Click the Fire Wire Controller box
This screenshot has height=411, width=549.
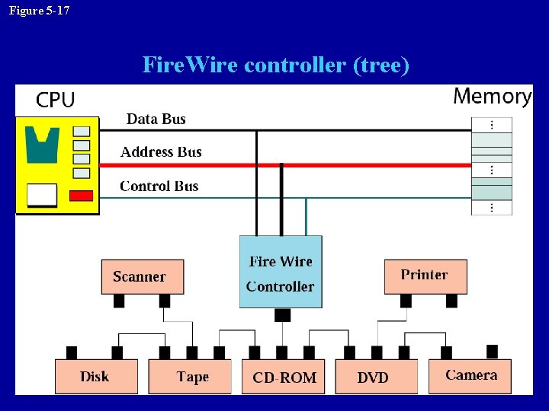281,272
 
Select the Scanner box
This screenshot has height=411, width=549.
143,276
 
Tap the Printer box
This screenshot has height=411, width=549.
425,276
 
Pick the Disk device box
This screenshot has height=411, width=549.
96,376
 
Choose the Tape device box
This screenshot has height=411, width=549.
190,376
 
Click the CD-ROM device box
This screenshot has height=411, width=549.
283,377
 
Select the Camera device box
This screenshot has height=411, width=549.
470,375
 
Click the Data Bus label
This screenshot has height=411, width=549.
156,119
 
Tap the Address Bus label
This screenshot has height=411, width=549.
161,152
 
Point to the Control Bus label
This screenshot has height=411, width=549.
159,186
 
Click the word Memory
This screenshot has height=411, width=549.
492,96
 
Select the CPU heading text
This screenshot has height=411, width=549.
56,100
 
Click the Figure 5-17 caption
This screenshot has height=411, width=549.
39,11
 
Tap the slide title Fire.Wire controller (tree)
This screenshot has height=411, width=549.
276,65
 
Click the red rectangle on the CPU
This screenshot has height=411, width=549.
81,196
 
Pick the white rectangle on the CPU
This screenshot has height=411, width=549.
42,196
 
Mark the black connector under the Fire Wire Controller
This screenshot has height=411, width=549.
282,315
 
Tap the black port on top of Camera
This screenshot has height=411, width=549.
492,351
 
